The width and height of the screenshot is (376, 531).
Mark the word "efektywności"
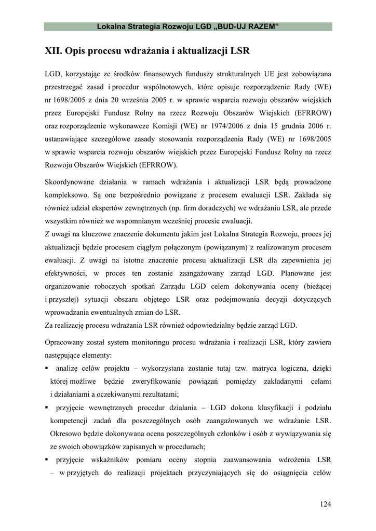[65, 273]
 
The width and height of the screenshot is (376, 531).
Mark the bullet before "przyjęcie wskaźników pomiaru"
[47, 459]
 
